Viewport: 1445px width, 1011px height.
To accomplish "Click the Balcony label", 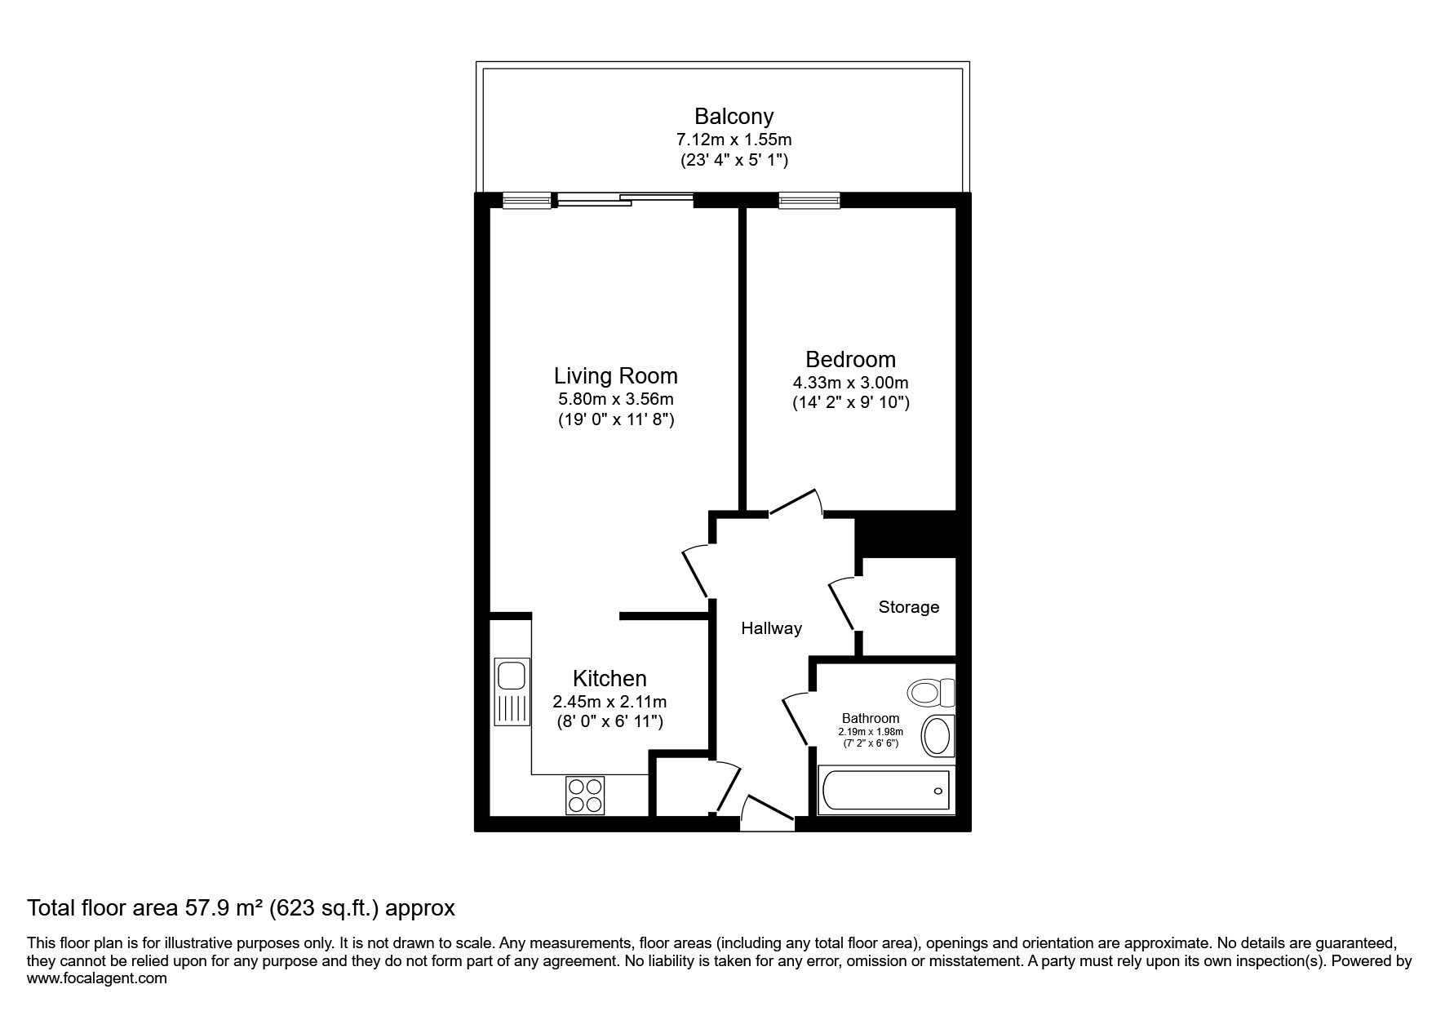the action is pos(734,116).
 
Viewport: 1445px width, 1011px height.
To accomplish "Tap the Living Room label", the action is pos(616,376).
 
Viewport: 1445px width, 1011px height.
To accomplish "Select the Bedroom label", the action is pos(850,360).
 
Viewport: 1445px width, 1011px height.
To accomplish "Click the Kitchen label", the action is pos(609,679).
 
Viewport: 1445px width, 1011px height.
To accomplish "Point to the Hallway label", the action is pos(772,628).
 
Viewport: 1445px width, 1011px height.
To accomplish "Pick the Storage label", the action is pos(909,607).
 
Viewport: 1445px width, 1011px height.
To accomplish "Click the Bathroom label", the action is pos(871,719).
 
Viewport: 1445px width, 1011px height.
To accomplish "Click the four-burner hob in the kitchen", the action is pos(585,795).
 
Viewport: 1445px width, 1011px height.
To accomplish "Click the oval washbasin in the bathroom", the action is pos(937,736).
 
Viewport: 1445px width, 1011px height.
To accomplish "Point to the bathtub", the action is pos(885,792).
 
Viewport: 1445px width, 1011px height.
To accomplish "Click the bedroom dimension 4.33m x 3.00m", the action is pos(850,383).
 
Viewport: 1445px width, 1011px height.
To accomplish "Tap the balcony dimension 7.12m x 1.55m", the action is pos(734,140).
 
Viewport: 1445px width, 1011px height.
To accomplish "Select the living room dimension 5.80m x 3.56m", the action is pos(616,400).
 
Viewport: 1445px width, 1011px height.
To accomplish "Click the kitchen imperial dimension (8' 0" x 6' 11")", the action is pos(609,721).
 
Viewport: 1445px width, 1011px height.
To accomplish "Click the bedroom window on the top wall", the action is pos(809,200).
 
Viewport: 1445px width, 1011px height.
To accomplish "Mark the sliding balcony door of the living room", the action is pos(626,200).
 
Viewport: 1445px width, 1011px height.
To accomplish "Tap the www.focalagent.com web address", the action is pos(97,978).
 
